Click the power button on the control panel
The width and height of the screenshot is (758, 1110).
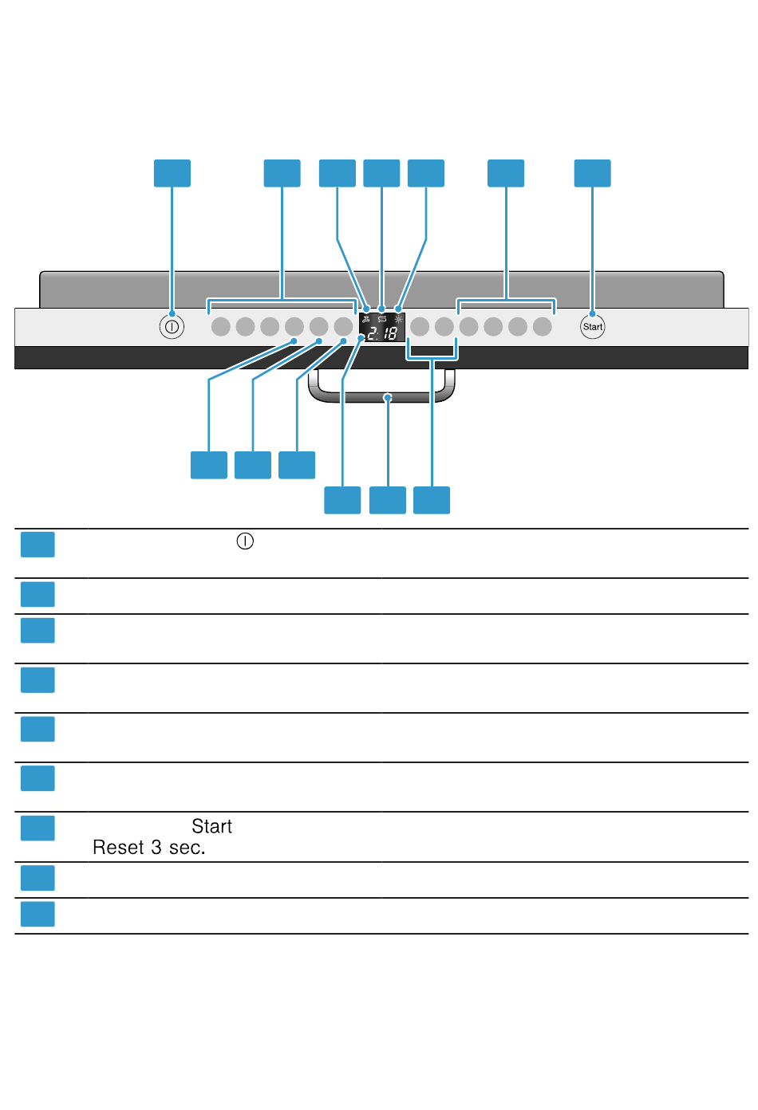click(172, 327)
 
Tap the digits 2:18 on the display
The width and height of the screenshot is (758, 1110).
click(382, 333)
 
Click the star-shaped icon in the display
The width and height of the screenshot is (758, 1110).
click(399, 319)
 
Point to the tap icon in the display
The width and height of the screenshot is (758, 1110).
click(366, 319)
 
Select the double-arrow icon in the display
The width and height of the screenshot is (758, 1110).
click(381, 319)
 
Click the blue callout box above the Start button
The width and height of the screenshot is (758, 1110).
click(592, 173)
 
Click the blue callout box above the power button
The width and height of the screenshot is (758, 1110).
click(172, 173)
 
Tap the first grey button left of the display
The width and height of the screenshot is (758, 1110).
click(343, 327)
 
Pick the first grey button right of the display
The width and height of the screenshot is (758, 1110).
click(420, 327)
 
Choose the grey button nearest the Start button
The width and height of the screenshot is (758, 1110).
click(543, 327)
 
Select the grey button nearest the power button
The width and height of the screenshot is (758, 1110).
click(220, 327)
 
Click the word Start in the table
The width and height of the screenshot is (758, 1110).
click(211, 826)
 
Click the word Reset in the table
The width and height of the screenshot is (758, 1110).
click(118, 848)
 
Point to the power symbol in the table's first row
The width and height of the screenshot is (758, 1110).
click(245, 541)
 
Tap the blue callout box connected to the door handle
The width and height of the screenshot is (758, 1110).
click(388, 500)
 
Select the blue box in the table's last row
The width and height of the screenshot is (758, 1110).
click(38, 914)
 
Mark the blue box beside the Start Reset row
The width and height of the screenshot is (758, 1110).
click(38, 828)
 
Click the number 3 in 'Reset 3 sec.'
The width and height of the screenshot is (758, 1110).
click(156, 848)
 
